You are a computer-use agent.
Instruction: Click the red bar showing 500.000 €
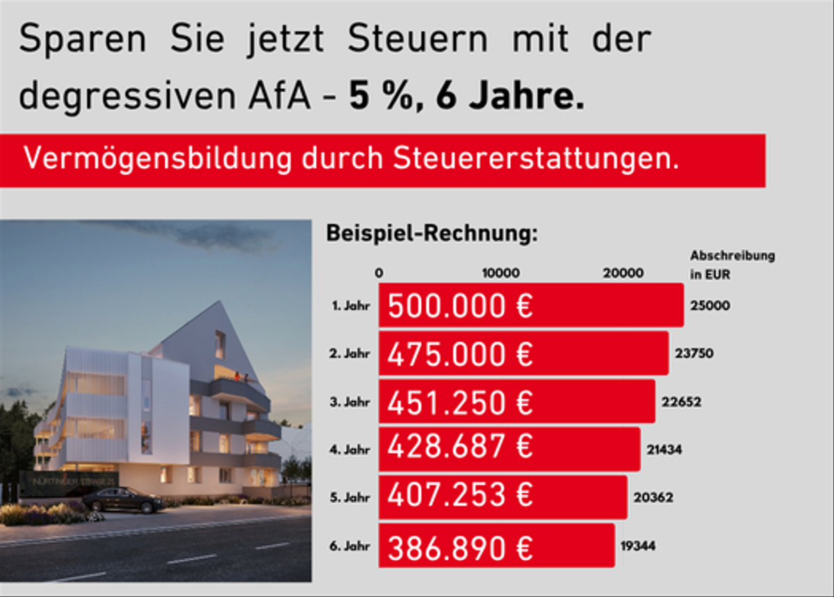(x=531, y=305)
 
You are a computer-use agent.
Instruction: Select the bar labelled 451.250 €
(x=516, y=402)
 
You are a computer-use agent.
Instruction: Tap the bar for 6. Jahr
(x=496, y=546)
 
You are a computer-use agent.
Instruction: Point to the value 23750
(x=694, y=353)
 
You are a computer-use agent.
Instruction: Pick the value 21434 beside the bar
(x=664, y=450)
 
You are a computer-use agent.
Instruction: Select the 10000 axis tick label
(x=500, y=273)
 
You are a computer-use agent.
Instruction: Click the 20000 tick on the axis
(x=623, y=273)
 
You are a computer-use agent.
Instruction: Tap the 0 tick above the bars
(x=379, y=273)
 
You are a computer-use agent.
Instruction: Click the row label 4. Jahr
(x=350, y=450)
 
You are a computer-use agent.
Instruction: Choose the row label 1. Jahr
(x=350, y=305)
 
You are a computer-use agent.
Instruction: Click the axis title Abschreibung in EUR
(x=731, y=265)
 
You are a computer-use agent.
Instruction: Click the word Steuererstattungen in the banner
(x=536, y=159)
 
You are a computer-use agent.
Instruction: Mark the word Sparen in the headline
(x=82, y=40)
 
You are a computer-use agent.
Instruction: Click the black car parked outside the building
(x=123, y=499)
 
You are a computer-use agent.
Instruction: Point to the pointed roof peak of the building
(x=219, y=306)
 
